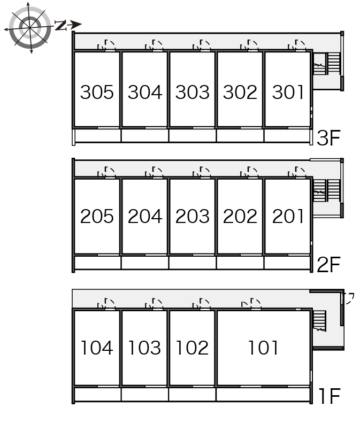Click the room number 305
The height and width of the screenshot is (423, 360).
coord(97,93)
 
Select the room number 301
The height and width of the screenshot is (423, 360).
coord(288,93)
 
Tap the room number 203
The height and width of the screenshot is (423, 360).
coord(193,217)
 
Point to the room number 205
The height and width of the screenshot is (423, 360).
coord(97,217)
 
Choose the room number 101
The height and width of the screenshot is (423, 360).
coord(263,348)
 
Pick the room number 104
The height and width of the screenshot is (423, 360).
coord(97,348)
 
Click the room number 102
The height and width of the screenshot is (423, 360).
coord(192,348)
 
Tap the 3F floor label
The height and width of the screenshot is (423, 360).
coord(328,138)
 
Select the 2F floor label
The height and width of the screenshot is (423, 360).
coord(328,265)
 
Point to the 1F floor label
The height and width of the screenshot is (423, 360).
coord(330,396)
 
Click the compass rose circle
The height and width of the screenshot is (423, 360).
coord(29,27)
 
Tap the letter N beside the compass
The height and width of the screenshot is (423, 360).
coord(61,25)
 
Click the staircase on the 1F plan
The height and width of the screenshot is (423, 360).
coord(319,321)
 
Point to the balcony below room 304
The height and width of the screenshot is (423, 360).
coord(145,135)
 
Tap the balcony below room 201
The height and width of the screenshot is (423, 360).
coord(287,263)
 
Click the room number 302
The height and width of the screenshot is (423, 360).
coord(240,93)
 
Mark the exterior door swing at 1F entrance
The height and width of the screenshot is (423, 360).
coord(349,298)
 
